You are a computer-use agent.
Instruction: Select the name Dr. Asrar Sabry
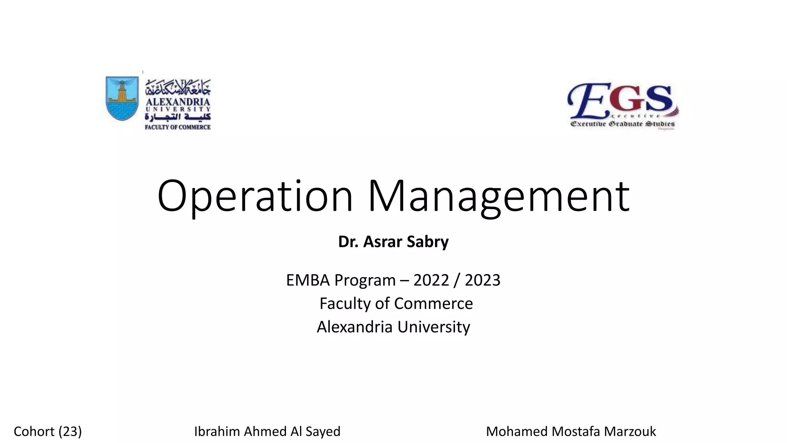(x=393, y=242)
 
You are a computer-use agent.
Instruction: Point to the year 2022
(x=431, y=280)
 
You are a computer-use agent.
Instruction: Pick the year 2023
(x=482, y=280)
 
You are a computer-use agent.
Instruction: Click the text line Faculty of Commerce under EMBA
(x=396, y=304)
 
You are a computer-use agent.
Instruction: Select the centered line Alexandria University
(x=393, y=327)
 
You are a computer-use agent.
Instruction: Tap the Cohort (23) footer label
(x=48, y=431)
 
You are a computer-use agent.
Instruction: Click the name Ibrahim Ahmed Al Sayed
(x=267, y=431)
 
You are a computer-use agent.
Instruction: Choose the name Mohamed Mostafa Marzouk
(x=571, y=431)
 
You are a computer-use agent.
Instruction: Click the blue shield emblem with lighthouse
(x=122, y=98)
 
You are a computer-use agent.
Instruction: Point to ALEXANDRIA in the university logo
(x=178, y=102)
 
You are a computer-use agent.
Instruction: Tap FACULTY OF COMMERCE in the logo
(x=178, y=127)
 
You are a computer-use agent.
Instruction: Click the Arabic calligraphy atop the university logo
(x=178, y=88)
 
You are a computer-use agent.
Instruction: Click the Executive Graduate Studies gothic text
(x=623, y=124)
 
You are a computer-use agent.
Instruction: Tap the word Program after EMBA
(x=365, y=280)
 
